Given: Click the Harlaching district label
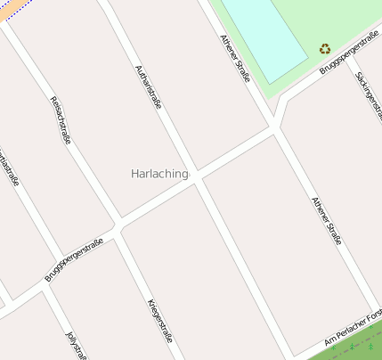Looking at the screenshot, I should pos(159,174).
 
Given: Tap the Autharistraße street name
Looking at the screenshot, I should pos(148,86).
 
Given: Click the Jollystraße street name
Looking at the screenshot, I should pos(77,347).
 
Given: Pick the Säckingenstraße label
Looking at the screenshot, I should pos(368,92).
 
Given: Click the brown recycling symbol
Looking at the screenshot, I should pos(325,49).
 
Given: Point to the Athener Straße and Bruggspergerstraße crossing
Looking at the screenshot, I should pos(277,127).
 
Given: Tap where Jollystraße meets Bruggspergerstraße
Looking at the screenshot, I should pos(43,289).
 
